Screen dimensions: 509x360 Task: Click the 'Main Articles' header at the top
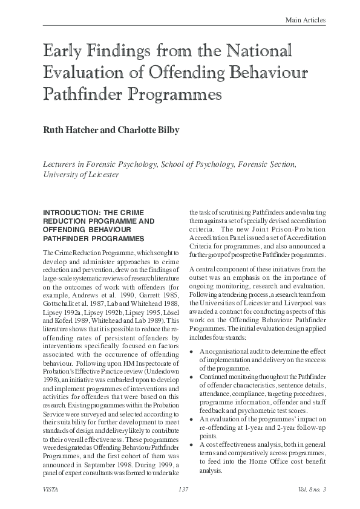coord(306,21)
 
